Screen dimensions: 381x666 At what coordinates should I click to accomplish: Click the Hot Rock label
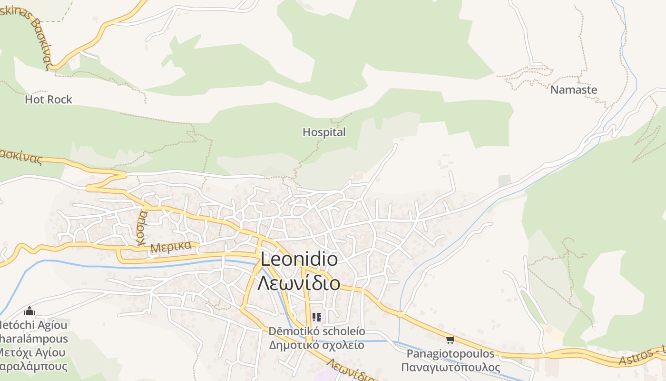coord(49,100)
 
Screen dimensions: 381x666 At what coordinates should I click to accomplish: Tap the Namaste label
coord(573,90)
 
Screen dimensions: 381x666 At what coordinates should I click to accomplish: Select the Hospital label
coord(324,132)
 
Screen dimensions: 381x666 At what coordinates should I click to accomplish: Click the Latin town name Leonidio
coord(299,260)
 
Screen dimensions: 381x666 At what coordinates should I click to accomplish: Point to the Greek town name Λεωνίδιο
coord(299,283)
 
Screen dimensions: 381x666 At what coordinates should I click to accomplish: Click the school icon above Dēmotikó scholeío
coord(317,317)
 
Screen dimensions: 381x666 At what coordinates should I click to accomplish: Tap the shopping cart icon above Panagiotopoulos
coord(450,340)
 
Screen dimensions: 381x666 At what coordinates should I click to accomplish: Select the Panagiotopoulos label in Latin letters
coord(451,354)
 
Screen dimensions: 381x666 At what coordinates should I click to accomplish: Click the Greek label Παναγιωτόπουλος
coord(451,368)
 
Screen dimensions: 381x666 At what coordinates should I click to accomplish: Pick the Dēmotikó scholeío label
coord(317,331)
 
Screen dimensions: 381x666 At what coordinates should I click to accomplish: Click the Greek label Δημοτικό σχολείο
coord(317,345)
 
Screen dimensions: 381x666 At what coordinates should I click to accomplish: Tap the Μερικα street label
coord(171,247)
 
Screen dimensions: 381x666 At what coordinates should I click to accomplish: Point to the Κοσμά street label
coord(141,228)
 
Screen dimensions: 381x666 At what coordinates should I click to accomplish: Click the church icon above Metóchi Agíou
coord(29,311)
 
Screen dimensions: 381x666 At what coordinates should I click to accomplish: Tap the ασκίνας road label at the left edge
coord(21,157)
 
